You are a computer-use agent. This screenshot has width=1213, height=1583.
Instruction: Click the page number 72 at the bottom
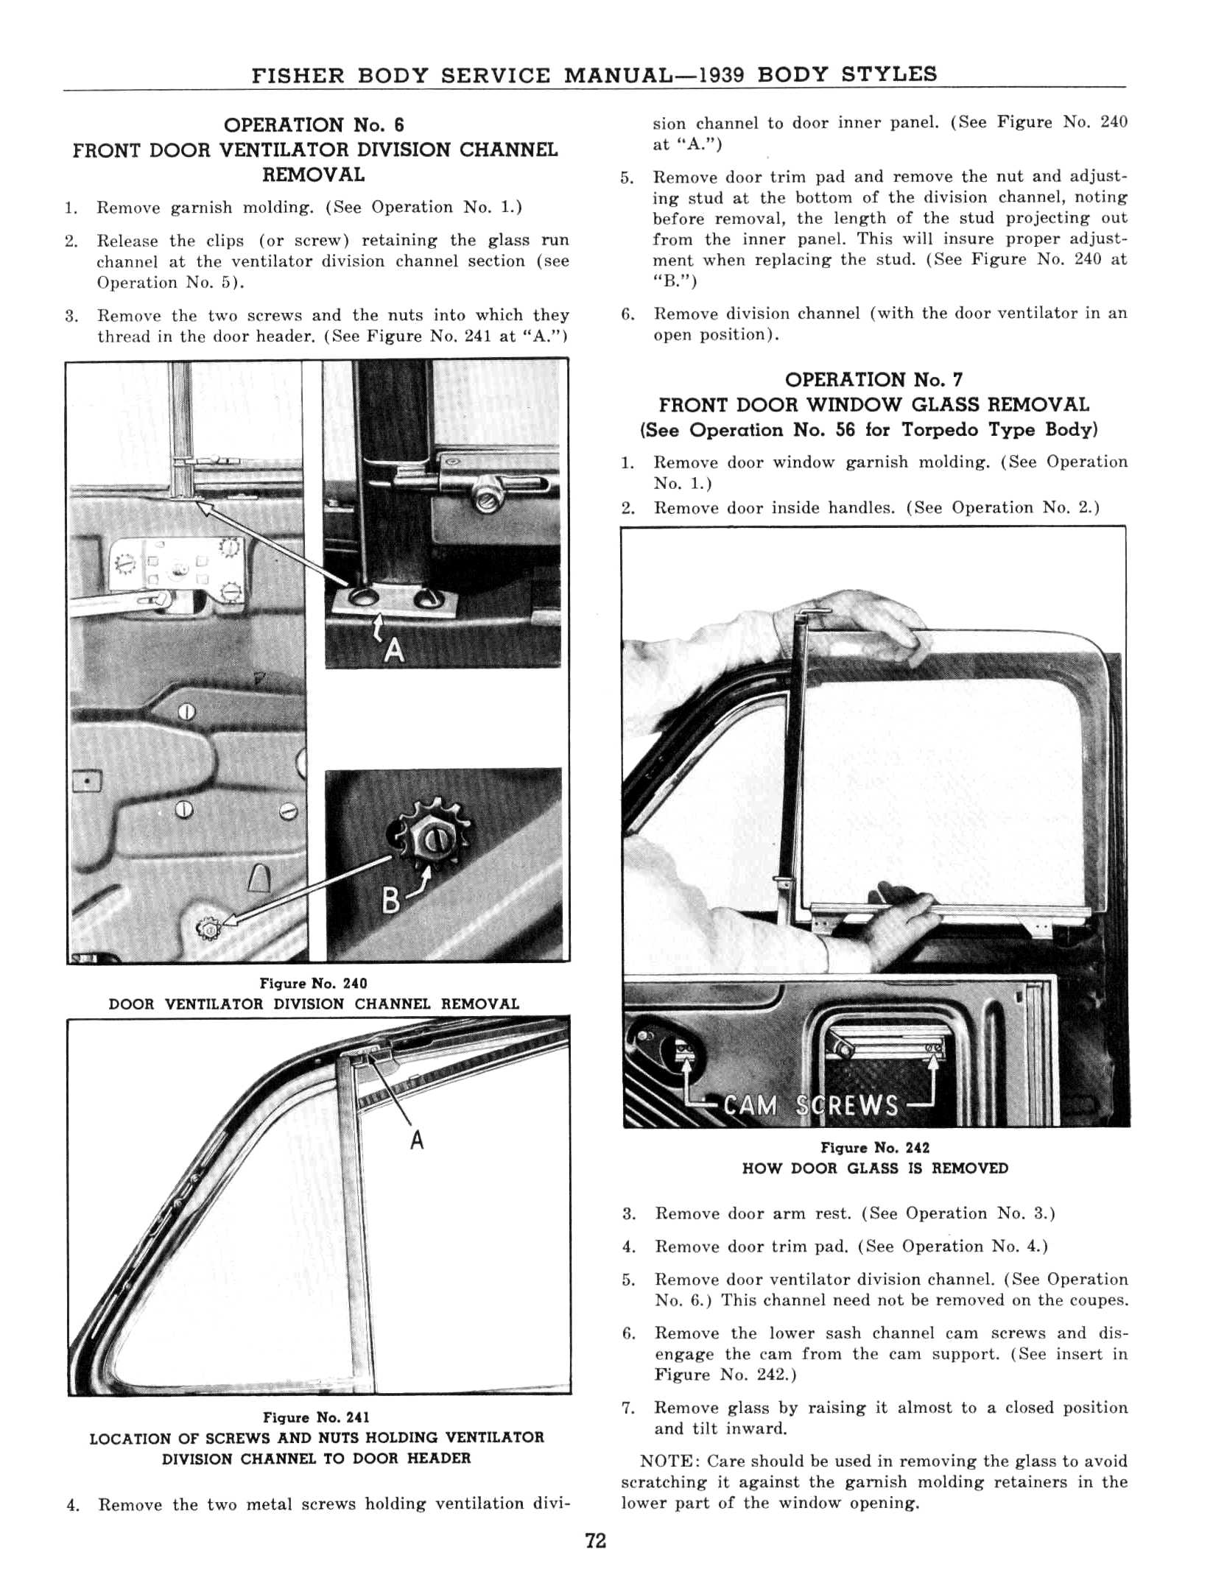tap(595, 1540)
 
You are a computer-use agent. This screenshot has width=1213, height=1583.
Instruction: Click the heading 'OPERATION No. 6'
tap(314, 124)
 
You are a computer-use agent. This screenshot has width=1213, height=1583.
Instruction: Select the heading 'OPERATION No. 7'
tap(873, 380)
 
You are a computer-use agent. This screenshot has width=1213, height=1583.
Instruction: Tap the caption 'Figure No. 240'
tap(313, 984)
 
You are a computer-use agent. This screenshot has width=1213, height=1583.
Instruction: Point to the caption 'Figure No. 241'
tap(316, 1417)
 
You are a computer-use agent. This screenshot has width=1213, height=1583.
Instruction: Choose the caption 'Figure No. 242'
tap(875, 1148)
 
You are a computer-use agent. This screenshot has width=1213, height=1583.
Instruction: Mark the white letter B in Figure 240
tap(391, 900)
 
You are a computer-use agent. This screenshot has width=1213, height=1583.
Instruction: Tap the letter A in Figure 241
tap(417, 1140)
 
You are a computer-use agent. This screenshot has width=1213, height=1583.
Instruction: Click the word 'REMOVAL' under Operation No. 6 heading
tap(314, 175)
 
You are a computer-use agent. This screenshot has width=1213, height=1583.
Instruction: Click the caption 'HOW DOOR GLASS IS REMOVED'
tap(875, 1168)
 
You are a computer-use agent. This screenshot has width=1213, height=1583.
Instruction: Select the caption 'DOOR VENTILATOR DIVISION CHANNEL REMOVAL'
tap(314, 1004)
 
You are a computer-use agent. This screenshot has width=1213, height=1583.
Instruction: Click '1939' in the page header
tap(722, 74)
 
